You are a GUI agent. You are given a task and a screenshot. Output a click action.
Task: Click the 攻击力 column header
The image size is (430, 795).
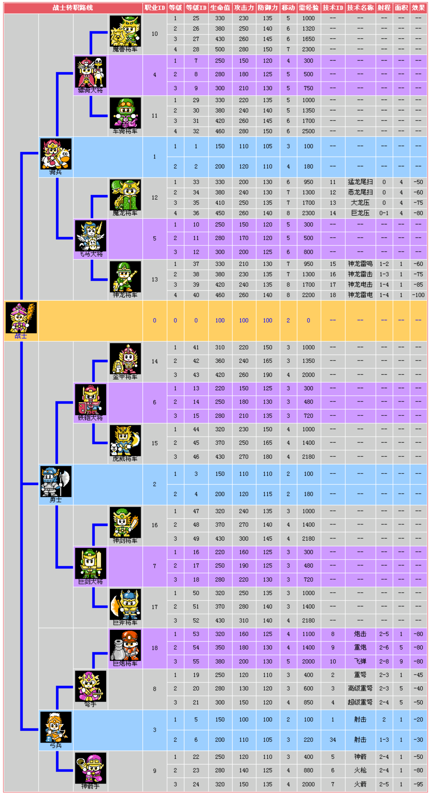click(244, 8)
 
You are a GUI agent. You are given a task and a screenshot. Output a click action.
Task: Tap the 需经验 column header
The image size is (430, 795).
click(308, 8)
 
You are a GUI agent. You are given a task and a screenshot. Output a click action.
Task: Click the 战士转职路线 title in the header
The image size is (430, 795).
click(73, 8)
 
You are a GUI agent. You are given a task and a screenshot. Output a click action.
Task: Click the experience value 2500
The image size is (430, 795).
click(308, 131)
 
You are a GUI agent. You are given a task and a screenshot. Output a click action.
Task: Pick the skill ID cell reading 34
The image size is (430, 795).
click(333, 739)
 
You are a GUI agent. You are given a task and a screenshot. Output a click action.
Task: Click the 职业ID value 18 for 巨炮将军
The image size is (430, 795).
click(155, 648)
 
